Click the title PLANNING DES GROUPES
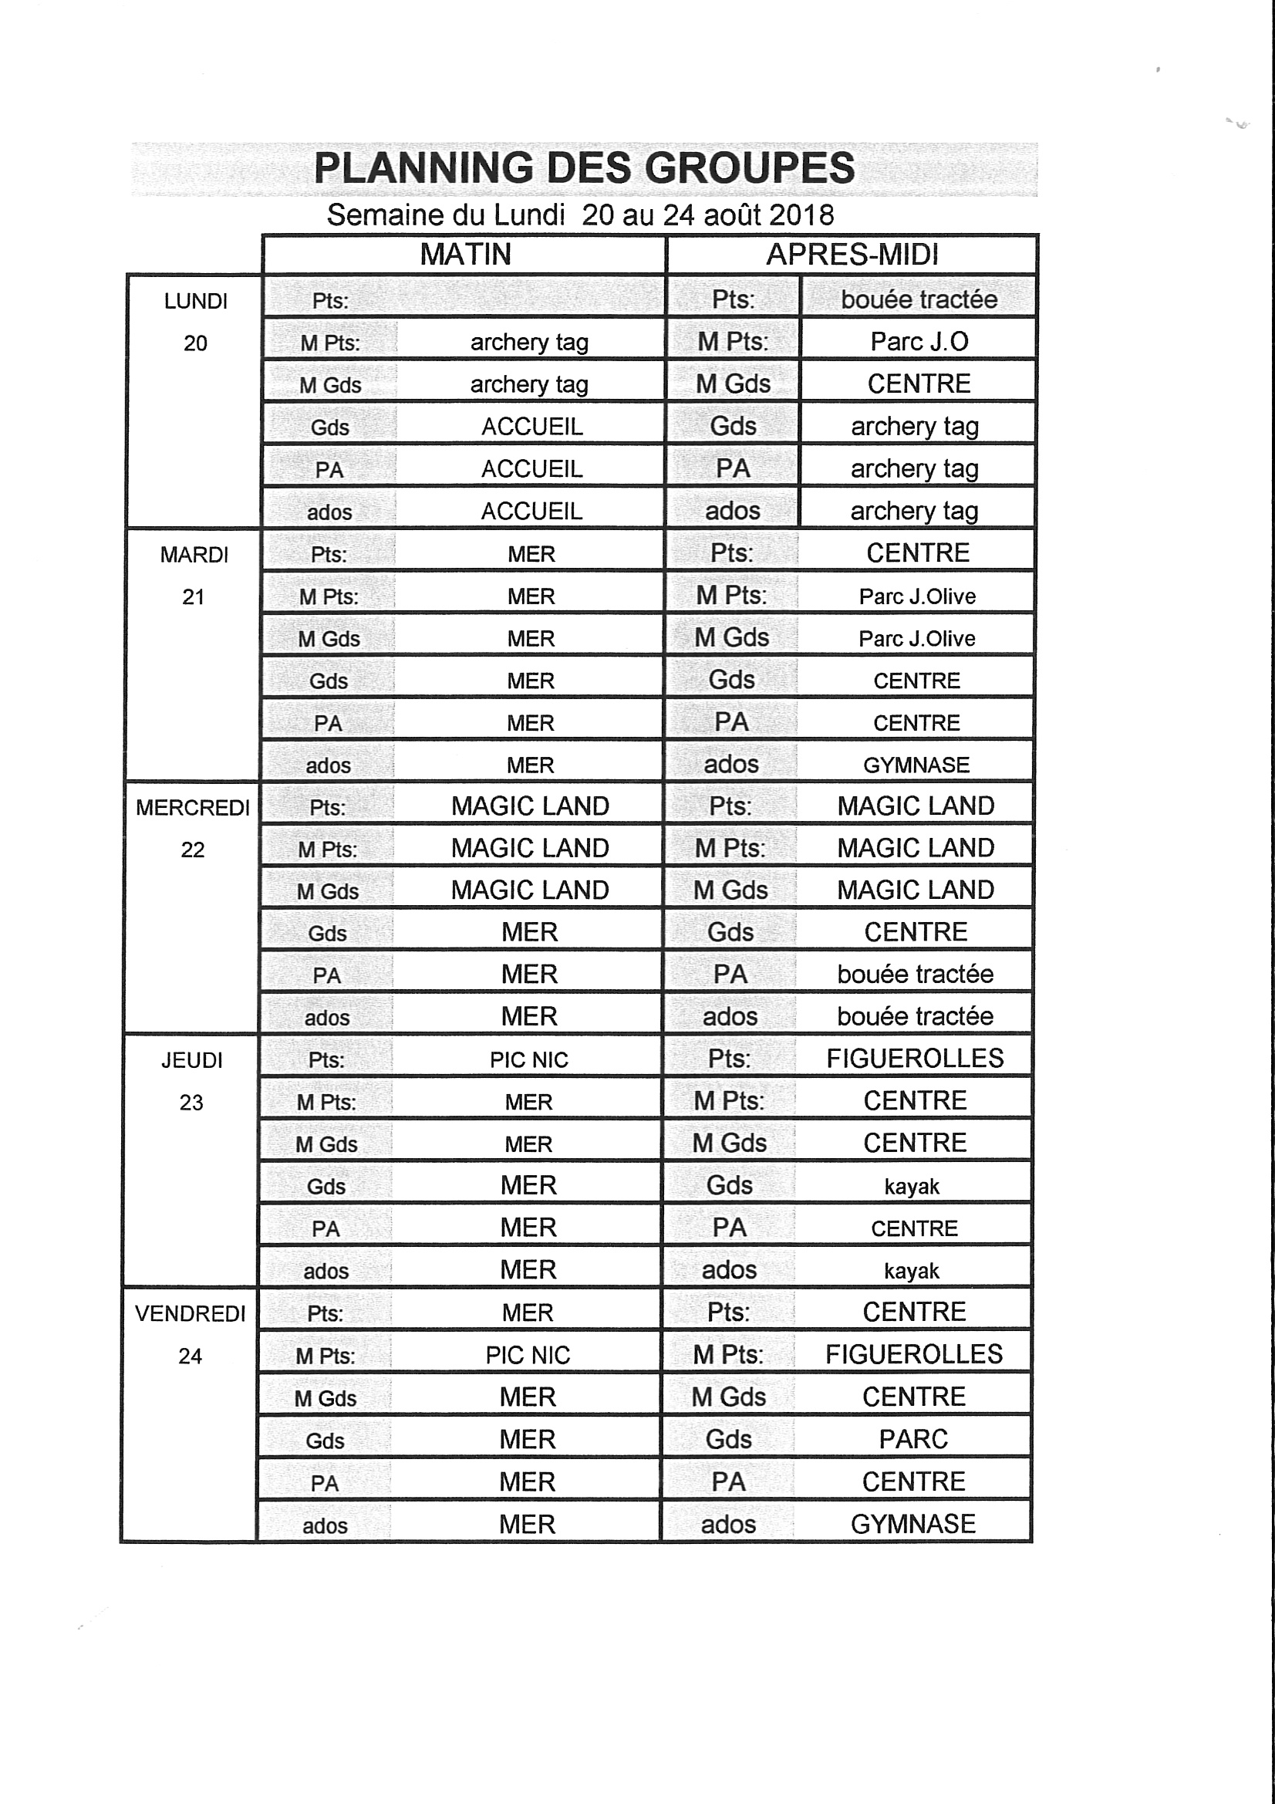point(584,168)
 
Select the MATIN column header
point(465,255)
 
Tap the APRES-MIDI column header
point(852,255)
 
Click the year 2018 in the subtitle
point(801,215)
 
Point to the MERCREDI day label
point(193,808)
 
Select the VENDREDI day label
point(190,1314)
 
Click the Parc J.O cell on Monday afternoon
point(919,342)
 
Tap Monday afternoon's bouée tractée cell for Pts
point(919,299)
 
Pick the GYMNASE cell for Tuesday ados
point(916,765)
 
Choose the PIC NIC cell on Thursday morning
point(528,1060)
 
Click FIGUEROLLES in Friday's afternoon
point(913,1354)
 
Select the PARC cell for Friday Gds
point(912,1438)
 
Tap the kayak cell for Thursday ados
point(911,1271)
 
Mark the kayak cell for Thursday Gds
point(911,1186)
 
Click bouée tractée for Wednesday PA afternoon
point(916,975)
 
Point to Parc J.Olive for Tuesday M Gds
point(917,638)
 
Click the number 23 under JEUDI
point(191,1103)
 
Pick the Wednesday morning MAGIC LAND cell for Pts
point(530,806)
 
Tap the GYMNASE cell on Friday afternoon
point(912,1523)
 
